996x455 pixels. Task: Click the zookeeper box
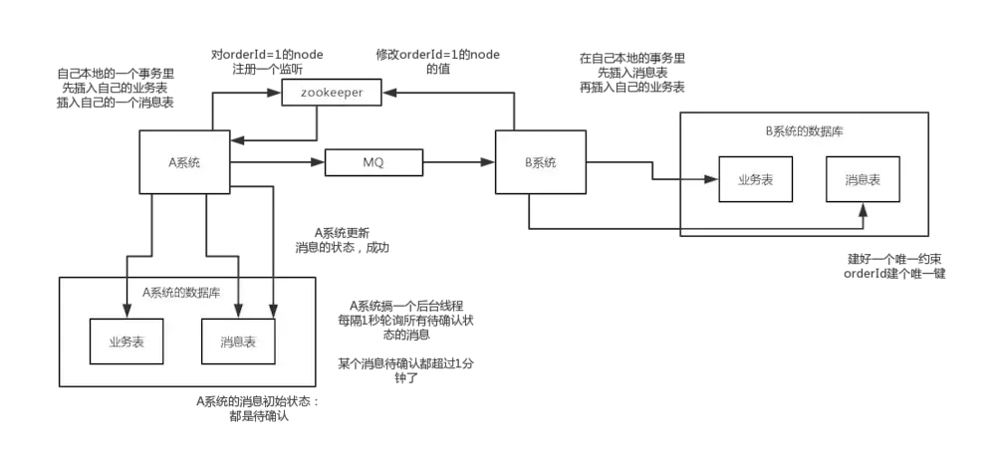pos(332,93)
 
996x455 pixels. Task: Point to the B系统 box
pos(541,162)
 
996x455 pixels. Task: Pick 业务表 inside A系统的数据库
pos(127,342)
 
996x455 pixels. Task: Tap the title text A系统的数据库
pos(181,292)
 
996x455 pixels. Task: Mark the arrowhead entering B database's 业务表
pos(711,180)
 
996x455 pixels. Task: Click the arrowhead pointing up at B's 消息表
pos(863,208)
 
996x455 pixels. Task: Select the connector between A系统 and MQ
pos(277,161)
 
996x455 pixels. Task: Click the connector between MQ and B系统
pos(461,160)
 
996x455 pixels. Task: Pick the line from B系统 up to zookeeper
pos(514,110)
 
